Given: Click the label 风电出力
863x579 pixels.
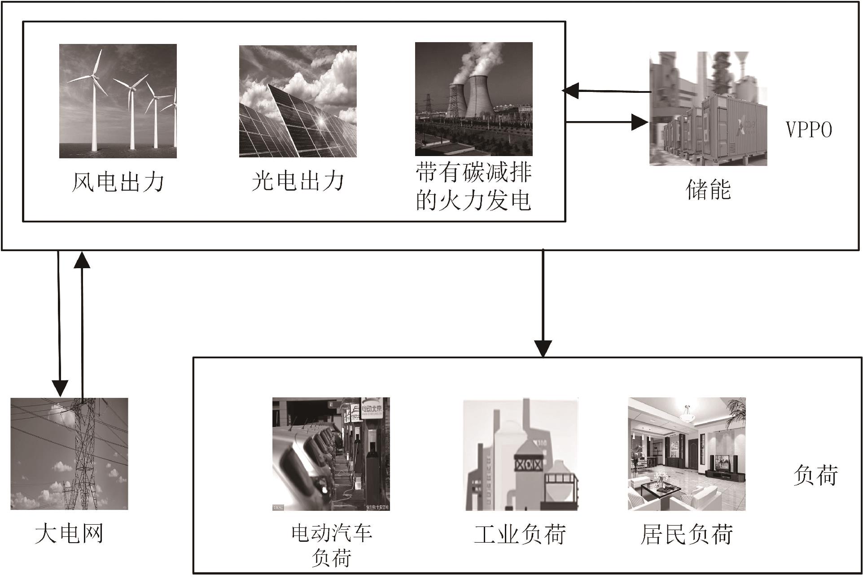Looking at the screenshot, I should (x=118, y=182).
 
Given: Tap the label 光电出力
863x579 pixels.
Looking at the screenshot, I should (x=298, y=181).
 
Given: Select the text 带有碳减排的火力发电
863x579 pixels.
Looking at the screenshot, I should (x=473, y=187).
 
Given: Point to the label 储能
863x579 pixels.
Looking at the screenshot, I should (x=709, y=189).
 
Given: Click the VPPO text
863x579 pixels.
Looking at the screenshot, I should (x=809, y=130).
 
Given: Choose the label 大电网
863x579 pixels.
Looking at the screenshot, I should (x=69, y=534).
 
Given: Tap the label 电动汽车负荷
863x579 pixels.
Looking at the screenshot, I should (x=331, y=545).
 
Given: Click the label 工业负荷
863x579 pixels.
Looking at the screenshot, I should (x=520, y=534).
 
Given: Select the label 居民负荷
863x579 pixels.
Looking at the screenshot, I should (x=687, y=534).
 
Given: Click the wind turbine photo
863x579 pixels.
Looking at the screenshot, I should (x=118, y=101).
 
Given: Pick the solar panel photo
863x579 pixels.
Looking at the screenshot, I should (x=298, y=101).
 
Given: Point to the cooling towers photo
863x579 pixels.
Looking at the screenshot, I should (x=473, y=99).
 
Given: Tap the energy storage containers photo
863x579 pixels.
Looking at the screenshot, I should (x=708, y=109).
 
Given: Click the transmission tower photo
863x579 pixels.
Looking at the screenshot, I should (x=69, y=453).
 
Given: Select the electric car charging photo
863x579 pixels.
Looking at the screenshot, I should (x=331, y=454).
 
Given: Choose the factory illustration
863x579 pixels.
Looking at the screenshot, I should (x=521, y=454).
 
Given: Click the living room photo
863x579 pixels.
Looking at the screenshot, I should (x=687, y=454).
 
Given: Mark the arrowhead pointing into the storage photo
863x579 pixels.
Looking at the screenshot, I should (x=640, y=122).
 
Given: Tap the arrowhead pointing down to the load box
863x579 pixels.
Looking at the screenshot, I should (x=543, y=348).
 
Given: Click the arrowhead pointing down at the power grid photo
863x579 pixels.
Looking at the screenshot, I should (x=60, y=388).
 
